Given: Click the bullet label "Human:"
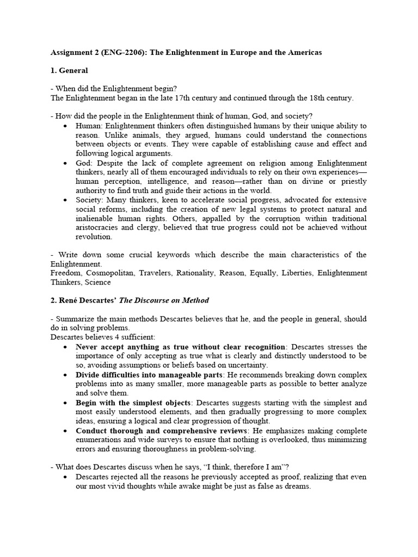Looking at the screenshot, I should tap(89, 126).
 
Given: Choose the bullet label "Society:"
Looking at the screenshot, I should tap(90, 200).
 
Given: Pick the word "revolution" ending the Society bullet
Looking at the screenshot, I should tap(94, 237).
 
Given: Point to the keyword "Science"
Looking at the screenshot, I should tap(97, 282).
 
